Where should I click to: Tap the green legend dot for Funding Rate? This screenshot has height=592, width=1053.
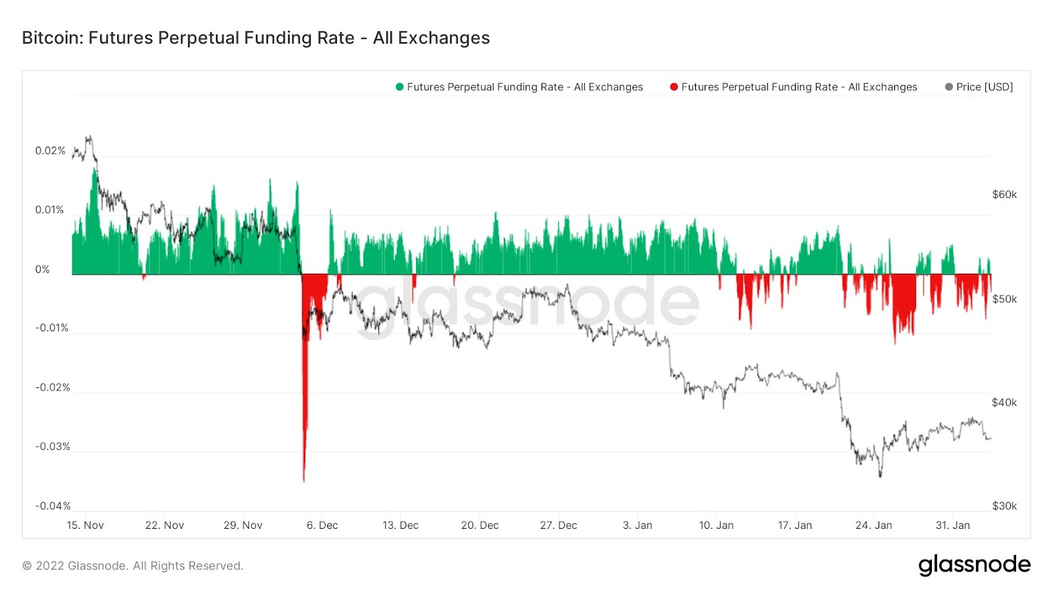point(399,87)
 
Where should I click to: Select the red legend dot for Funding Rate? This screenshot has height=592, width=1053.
point(674,87)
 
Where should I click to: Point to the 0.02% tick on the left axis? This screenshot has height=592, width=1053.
point(50,151)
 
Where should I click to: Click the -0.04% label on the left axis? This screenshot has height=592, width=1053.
point(53,506)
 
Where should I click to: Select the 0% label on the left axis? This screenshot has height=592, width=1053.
point(42,269)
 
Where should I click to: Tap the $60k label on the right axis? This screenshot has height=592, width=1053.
point(1004,195)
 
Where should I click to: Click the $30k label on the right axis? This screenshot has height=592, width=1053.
point(1004,506)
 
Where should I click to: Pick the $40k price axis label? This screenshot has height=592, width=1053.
point(1004,403)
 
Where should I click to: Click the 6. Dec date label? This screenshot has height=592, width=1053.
point(322,526)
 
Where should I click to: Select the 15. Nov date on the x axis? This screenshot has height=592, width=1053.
point(86,526)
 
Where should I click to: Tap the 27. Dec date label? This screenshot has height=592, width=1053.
point(558,526)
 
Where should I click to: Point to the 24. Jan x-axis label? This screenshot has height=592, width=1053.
point(873,526)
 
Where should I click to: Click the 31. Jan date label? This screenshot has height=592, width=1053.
point(952,526)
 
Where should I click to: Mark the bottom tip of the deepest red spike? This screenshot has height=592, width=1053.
point(303,481)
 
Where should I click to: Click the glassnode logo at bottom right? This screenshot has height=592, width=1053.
point(974,565)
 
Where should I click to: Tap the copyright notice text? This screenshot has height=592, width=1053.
point(133,566)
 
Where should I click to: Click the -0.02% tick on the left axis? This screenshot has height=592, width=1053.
point(53,387)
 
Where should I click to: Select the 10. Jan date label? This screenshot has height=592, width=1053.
point(716,526)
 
